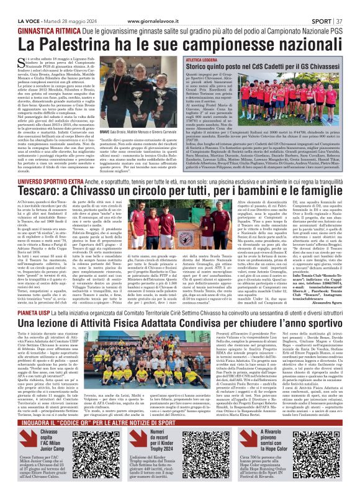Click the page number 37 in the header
(349, 5)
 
